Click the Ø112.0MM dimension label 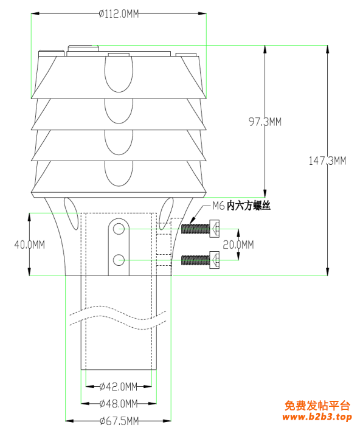click(119, 14)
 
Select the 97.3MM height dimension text click(265, 122)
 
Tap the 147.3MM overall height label click(327, 161)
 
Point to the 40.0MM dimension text click(30, 244)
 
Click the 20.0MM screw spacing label click(238, 244)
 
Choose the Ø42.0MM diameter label click(119, 387)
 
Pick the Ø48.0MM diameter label click(119, 404)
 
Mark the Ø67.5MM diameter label click(119, 421)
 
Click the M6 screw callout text click(241, 206)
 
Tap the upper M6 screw click(201, 229)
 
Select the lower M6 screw click(201, 260)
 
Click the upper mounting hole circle click(119, 229)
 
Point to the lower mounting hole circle click(119, 260)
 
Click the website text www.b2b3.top click(317, 417)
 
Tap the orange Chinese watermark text click(317, 406)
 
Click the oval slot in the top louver click(119, 74)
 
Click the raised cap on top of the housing click(83, 48)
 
